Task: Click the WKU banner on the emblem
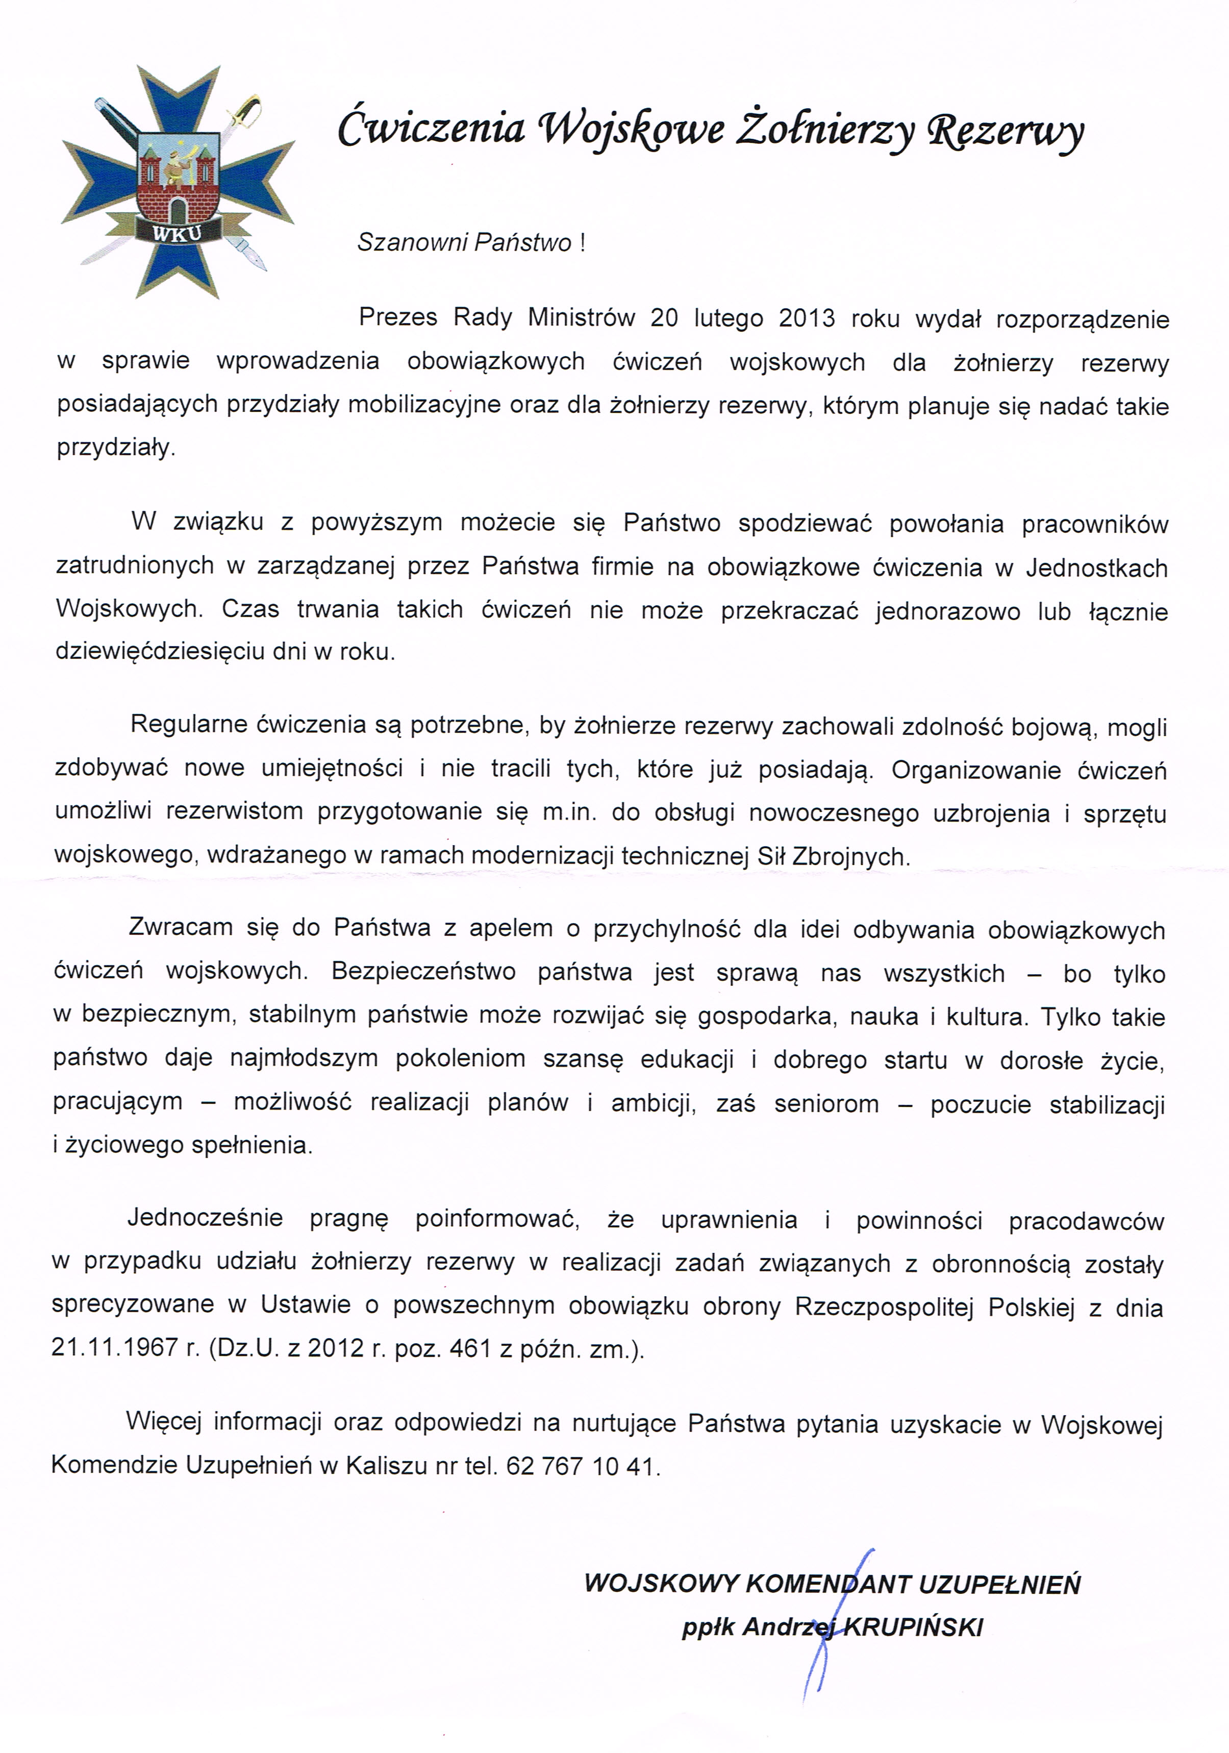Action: (177, 232)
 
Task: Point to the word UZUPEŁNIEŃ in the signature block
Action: (999, 1584)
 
